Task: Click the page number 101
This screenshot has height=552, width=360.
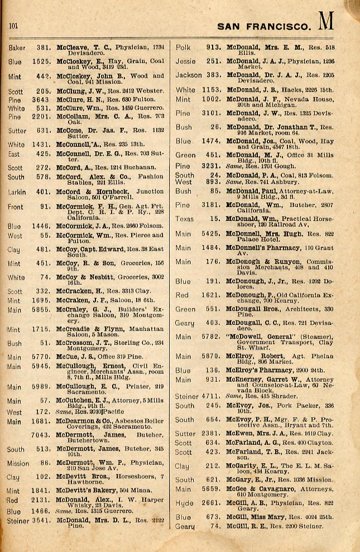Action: (14, 25)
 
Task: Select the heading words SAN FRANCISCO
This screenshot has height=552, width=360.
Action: (263, 26)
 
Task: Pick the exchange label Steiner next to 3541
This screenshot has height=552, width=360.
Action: (17, 521)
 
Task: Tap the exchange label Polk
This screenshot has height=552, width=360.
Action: (183, 48)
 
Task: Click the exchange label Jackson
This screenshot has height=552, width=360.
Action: (188, 75)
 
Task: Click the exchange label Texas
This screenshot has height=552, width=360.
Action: (184, 219)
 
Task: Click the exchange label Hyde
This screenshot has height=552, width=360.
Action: (184, 503)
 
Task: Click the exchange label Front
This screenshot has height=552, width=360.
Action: (16, 207)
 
